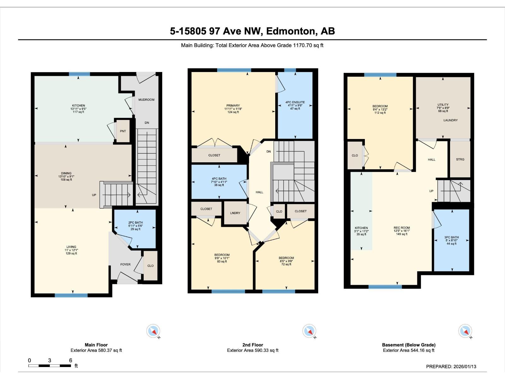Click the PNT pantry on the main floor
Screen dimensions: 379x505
pyautogui.click(x=123, y=131)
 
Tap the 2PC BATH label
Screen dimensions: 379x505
pyautogui.click(x=135, y=223)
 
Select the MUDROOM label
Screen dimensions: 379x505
pyautogui.click(x=146, y=100)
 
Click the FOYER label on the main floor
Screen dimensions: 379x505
pyautogui.click(x=125, y=265)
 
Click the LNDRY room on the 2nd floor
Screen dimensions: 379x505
pyautogui.click(x=235, y=213)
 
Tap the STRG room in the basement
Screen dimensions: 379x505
pyautogui.click(x=460, y=159)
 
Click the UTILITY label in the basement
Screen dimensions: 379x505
pyautogui.click(x=443, y=105)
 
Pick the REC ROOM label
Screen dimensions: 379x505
pyautogui.click(x=402, y=228)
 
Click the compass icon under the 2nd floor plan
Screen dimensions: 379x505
pyautogui.click(x=309, y=331)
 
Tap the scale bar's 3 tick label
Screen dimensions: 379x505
pyautogui.click(x=50, y=360)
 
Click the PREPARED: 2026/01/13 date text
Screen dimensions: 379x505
pyautogui.click(x=451, y=366)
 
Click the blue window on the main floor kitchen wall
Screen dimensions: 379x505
pyautogui.click(x=79, y=74)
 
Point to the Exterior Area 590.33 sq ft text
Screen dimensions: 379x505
pyautogui.click(x=252, y=350)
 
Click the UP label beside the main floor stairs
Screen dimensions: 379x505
pyautogui.click(x=94, y=195)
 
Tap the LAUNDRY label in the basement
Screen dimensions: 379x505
pyautogui.click(x=450, y=120)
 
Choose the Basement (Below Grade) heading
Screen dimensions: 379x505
pyautogui.click(x=409, y=345)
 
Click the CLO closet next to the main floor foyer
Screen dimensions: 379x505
pyautogui.click(x=151, y=266)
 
